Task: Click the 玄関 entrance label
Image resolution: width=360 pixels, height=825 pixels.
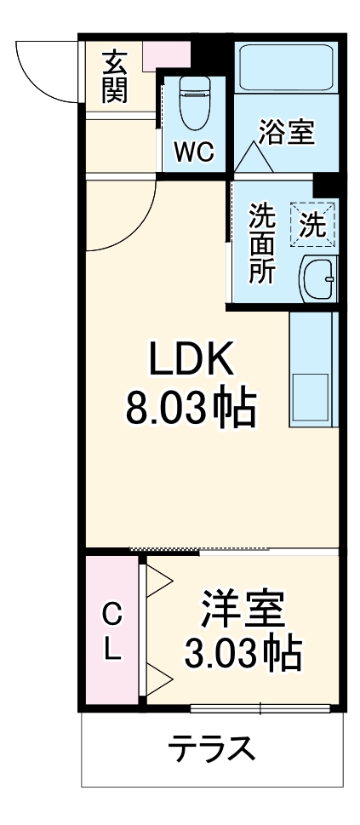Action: coord(115,77)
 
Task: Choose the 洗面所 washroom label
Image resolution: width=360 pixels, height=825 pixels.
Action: coord(260,243)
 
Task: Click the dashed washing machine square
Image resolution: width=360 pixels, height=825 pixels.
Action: coord(312,223)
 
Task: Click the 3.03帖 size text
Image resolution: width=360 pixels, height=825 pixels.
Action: coord(243,654)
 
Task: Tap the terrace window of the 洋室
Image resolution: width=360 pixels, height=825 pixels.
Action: coord(260,708)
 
